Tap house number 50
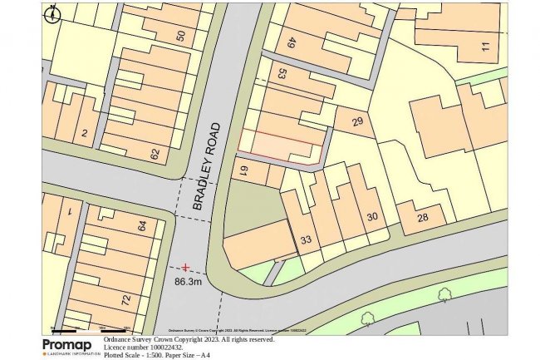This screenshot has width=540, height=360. [181, 36]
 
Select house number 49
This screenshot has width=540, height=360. [292, 43]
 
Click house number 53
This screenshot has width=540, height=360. [282, 74]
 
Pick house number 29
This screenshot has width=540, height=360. [357, 123]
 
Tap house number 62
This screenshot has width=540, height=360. [155, 153]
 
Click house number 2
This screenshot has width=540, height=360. [84, 133]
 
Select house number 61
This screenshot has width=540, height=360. [244, 172]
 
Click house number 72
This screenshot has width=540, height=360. [126, 298]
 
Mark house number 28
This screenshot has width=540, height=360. [422, 218]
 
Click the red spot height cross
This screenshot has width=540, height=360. [185, 268]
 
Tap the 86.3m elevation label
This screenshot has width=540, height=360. [188, 282]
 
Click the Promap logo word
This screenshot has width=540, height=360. [67, 345]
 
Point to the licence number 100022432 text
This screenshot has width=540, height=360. [145, 347]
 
